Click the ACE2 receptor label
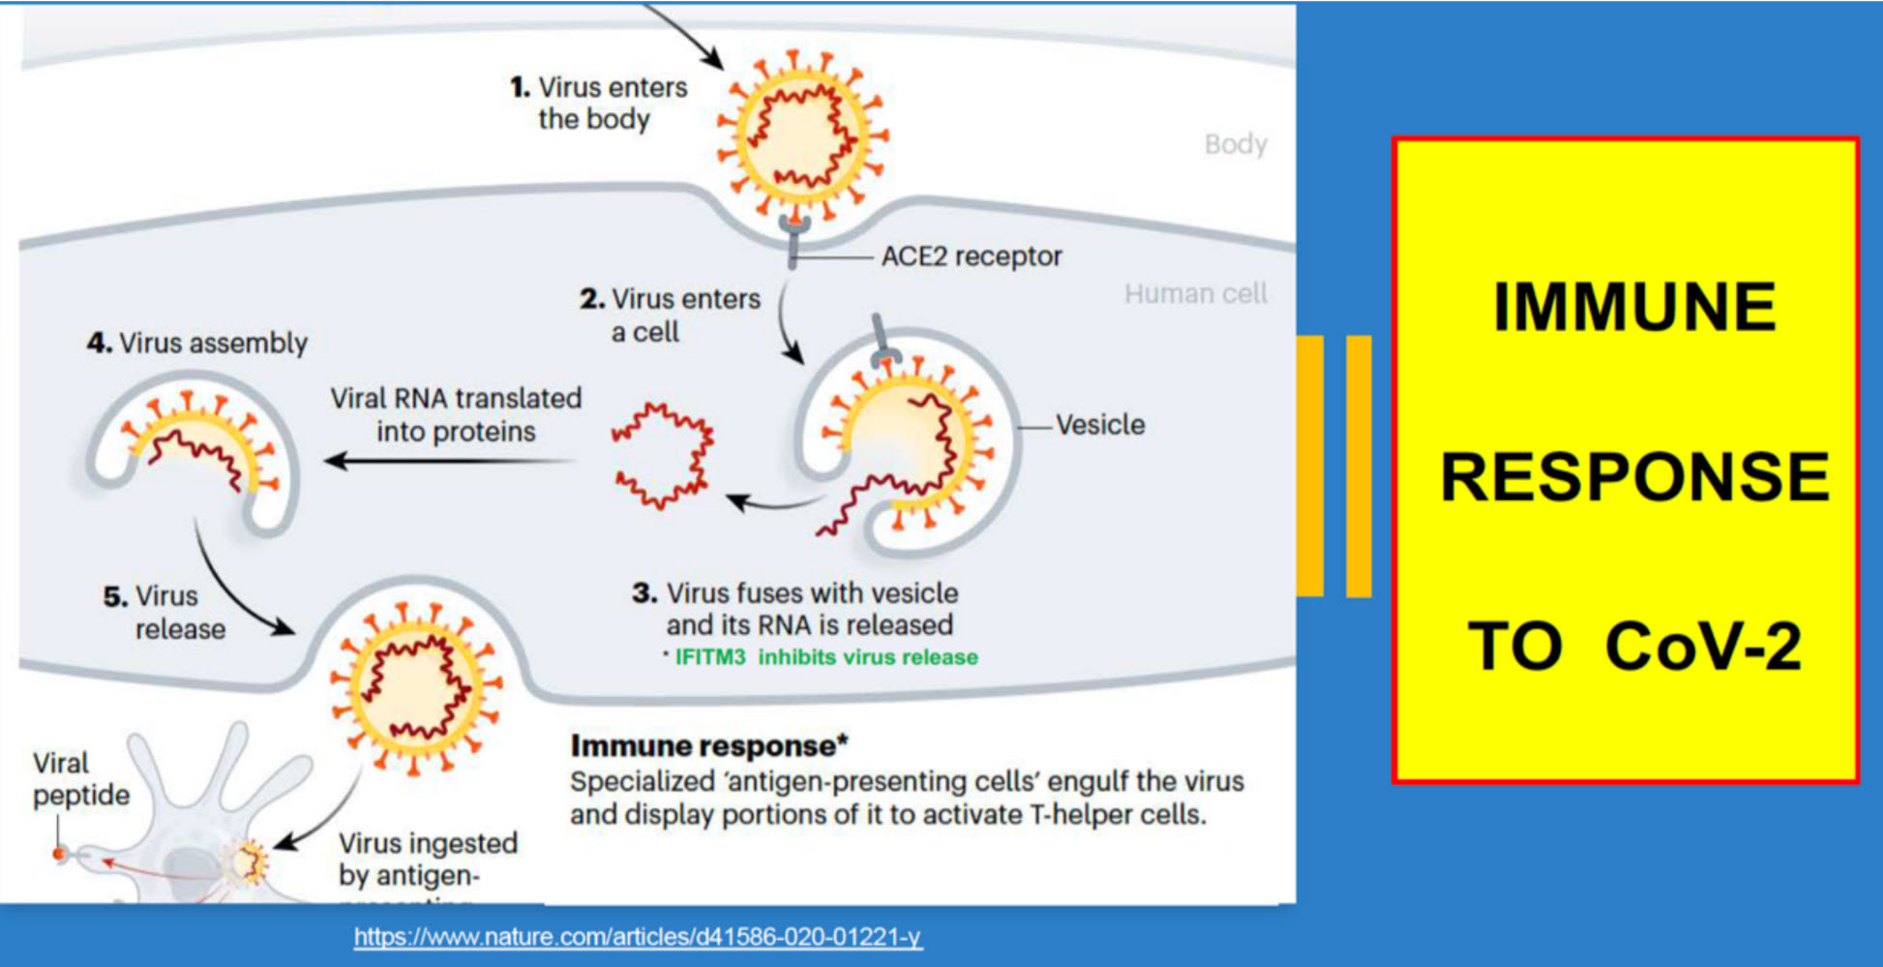click(971, 257)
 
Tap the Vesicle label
click(1099, 425)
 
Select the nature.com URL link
click(638, 937)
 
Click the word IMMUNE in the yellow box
click(1634, 308)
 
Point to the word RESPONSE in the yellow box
click(1634, 477)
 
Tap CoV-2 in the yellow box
click(1702, 647)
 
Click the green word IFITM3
click(710, 657)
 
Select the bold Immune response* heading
click(709, 746)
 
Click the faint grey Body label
click(1236, 144)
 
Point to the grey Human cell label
click(1195, 293)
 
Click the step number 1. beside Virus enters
click(521, 88)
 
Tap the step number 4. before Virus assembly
click(99, 344)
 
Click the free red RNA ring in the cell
click(663, 456)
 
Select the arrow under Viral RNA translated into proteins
click(450, 461)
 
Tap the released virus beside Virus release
click(416, 686)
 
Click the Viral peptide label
click(80, 779)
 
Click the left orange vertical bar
click(1309, 466)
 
